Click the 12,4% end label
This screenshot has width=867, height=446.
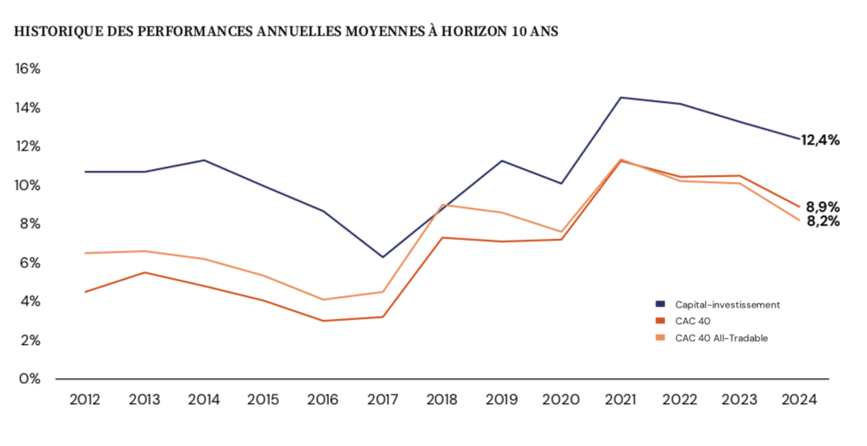[820, 139]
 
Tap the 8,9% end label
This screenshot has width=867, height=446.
[822, 207]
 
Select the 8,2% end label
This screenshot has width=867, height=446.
[822, 221]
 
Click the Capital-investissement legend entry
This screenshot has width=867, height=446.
[727, 304]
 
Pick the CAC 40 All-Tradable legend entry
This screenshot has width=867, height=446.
[722, 337]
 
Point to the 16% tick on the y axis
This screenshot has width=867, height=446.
[27, 69]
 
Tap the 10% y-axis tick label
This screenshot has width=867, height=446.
[27, 186]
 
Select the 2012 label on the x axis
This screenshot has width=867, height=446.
[84, 400]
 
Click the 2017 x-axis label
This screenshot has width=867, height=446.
[383, 400]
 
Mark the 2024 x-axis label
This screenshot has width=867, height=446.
[799, 400]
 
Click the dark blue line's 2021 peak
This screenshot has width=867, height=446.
[621, 98]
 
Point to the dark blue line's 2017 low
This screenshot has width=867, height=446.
[383, 257]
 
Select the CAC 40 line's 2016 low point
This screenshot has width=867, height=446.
[323, 321]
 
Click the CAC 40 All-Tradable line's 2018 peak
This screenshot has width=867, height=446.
[442, 205]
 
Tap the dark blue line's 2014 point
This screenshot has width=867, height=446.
[204, 160]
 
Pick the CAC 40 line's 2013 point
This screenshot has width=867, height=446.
[144, 273]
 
